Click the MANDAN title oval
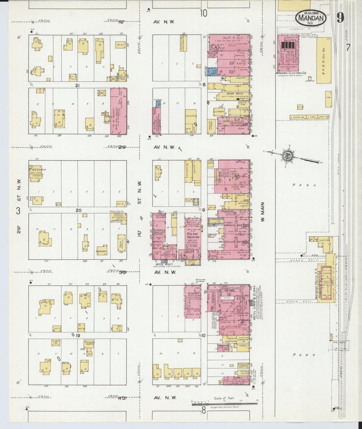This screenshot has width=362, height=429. coord(311,18)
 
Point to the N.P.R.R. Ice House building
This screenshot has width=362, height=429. coord(324,60)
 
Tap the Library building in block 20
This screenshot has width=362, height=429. coord(102,250)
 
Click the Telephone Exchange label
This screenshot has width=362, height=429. coord(160,216)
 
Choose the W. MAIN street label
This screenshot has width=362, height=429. coord(262,216)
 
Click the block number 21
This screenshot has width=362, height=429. coord(77,85)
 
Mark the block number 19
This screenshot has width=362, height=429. coord(78,335)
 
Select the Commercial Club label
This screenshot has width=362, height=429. coord(227,211)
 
